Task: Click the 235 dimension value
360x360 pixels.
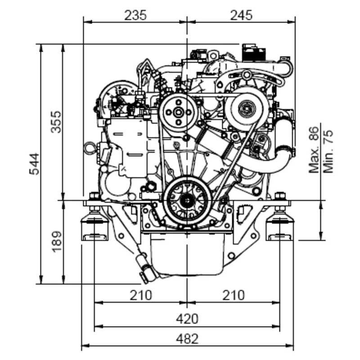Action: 135,15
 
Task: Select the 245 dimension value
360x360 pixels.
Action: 241,15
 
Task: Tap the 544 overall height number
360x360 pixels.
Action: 34,164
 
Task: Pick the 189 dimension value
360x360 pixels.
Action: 56,241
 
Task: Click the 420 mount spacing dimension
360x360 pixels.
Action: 187,319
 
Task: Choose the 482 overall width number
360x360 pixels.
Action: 187,339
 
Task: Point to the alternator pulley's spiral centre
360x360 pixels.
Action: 247,108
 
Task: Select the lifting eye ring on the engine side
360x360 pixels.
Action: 90,148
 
